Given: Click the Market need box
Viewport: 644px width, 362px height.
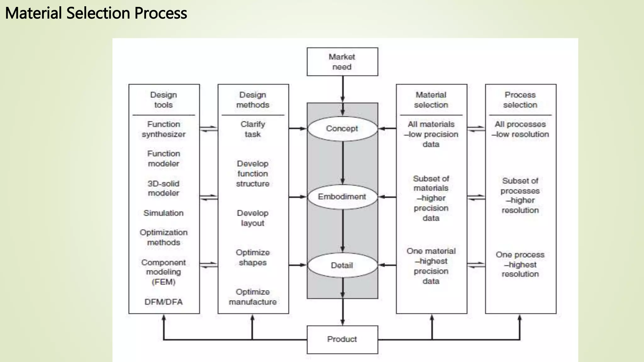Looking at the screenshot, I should point(342,62).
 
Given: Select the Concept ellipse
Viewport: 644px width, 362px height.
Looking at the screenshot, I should point(342,129).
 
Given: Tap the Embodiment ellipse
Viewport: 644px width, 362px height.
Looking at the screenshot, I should point(342,197).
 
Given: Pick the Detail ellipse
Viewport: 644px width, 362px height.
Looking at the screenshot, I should point(342,265).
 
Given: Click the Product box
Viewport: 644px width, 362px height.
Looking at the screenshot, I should point(342,339).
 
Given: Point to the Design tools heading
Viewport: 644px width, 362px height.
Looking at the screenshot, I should point(164,100).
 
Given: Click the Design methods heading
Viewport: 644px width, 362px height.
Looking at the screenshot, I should point(253,100).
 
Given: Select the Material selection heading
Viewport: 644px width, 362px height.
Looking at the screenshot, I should point(431,100).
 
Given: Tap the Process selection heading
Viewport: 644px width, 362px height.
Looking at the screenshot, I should point(520,100).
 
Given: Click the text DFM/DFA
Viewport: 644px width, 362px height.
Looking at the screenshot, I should point(164,302).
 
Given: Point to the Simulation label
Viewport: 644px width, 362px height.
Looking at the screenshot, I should point(164,213).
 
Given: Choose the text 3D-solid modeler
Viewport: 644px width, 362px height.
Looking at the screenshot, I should point(164,188).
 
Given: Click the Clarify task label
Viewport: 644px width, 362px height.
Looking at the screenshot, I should point(253,129).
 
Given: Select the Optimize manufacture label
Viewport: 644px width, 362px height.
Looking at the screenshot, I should point(253,297).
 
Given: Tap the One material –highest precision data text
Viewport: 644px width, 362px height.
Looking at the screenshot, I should point(431,266).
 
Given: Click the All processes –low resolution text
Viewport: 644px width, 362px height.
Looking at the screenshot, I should point(520,129).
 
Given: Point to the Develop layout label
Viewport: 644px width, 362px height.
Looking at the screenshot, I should point(253,218).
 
